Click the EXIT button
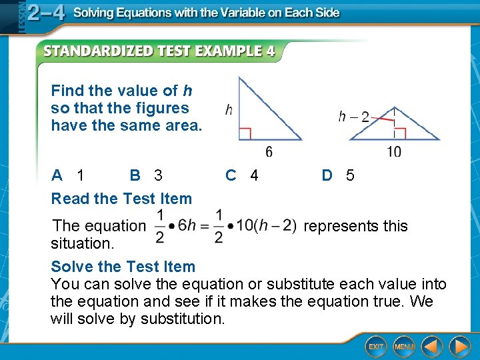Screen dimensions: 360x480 (377, 347)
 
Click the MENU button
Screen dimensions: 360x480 (404, 347)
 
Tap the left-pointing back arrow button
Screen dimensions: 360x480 (431, 347)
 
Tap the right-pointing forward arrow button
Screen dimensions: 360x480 (459, 347)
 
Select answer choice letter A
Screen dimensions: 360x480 (57, 175)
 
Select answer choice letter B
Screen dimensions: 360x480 (135, 175)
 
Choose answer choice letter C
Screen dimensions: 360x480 (231, 175)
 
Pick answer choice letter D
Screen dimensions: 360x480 (327, 175)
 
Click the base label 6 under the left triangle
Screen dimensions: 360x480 (269, 152)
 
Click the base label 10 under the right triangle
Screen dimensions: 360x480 (394, 152)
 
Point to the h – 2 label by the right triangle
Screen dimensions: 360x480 (353, 117)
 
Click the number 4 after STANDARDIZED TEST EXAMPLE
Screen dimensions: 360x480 (270, 51)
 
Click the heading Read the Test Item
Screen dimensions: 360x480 (121, 199)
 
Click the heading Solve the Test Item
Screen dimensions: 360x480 (123, 267)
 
